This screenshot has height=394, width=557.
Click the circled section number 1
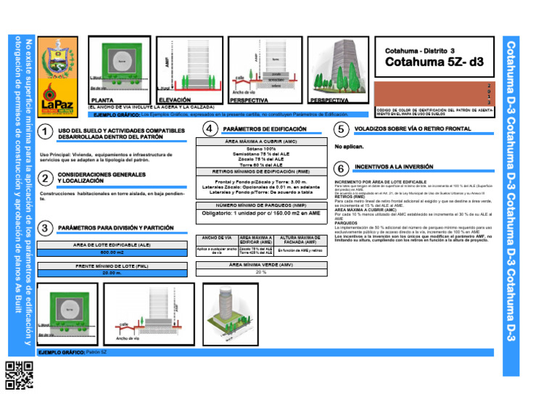[x=46, y=132]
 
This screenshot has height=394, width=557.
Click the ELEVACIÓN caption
[x=175, y=100]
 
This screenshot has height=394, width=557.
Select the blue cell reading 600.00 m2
[x=112, y=253]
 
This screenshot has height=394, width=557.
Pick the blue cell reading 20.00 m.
[x=112, y=274]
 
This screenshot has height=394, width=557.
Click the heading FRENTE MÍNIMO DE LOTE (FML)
[x=112, y=266]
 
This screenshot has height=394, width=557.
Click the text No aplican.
[x=349, y=146]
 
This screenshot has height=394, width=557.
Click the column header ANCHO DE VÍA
[x=216, y=238]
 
